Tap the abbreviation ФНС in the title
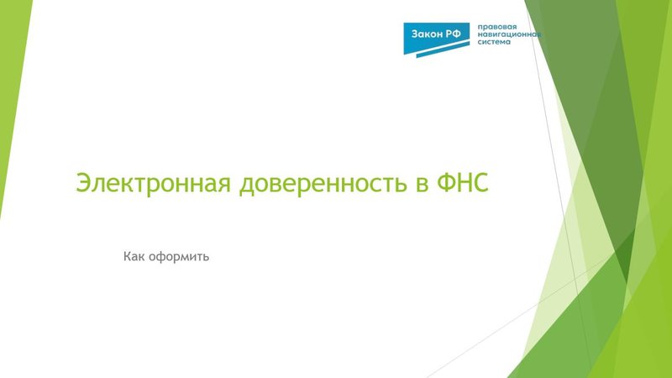462,183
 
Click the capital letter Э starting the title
83,183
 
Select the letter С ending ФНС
480,183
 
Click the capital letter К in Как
128,255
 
